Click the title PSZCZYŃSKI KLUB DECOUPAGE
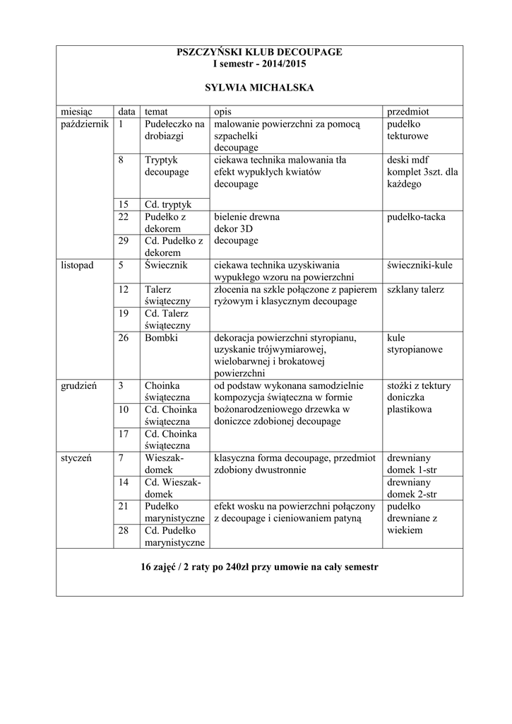[x=259, y=52]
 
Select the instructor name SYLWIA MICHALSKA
[x=259, y=88]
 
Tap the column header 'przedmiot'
[x=408, y=112]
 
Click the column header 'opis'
[x=222, y=112]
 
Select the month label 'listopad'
[x=77, y=265]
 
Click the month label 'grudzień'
[x=78, y=386]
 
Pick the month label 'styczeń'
[x=76, y=457]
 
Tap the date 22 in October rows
[x=124, y=217]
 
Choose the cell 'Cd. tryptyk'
[x=168, y=204]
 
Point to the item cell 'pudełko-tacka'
[x=416, y=217]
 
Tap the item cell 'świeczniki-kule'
[x=420, y=265]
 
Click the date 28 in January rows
[x=124, y=530]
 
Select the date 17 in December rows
[x=124, y=433]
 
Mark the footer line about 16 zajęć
[x=259, y=567]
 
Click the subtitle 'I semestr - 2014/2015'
[x=259, y=64]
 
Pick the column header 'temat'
[x=157, y=112]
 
